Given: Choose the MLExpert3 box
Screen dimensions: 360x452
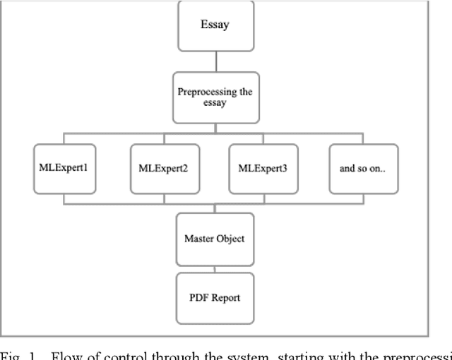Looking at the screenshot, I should coord(263,169).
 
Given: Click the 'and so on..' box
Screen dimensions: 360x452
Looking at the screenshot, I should coord(363,169).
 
